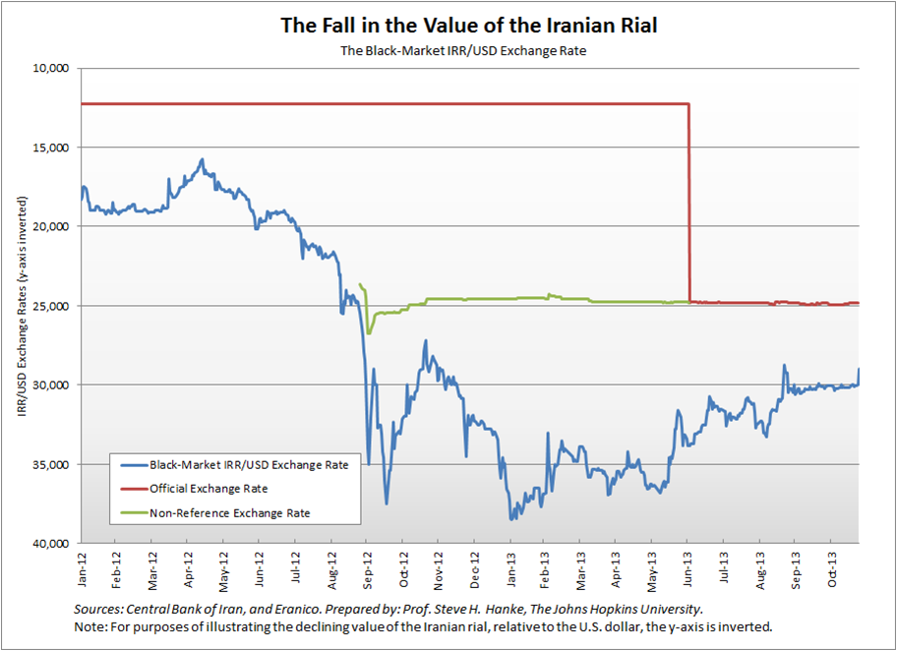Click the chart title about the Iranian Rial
point(468,25)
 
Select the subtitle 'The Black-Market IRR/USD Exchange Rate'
point(468,49)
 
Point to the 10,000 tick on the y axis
point(48,69)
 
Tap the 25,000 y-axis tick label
point(48,306)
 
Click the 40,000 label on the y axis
point(48,543)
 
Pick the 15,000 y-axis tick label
point(48,148)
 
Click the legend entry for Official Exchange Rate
point(209,488)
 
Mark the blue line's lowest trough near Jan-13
point(511,518)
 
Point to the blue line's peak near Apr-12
point(202,159)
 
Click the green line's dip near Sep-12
point(369,332)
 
